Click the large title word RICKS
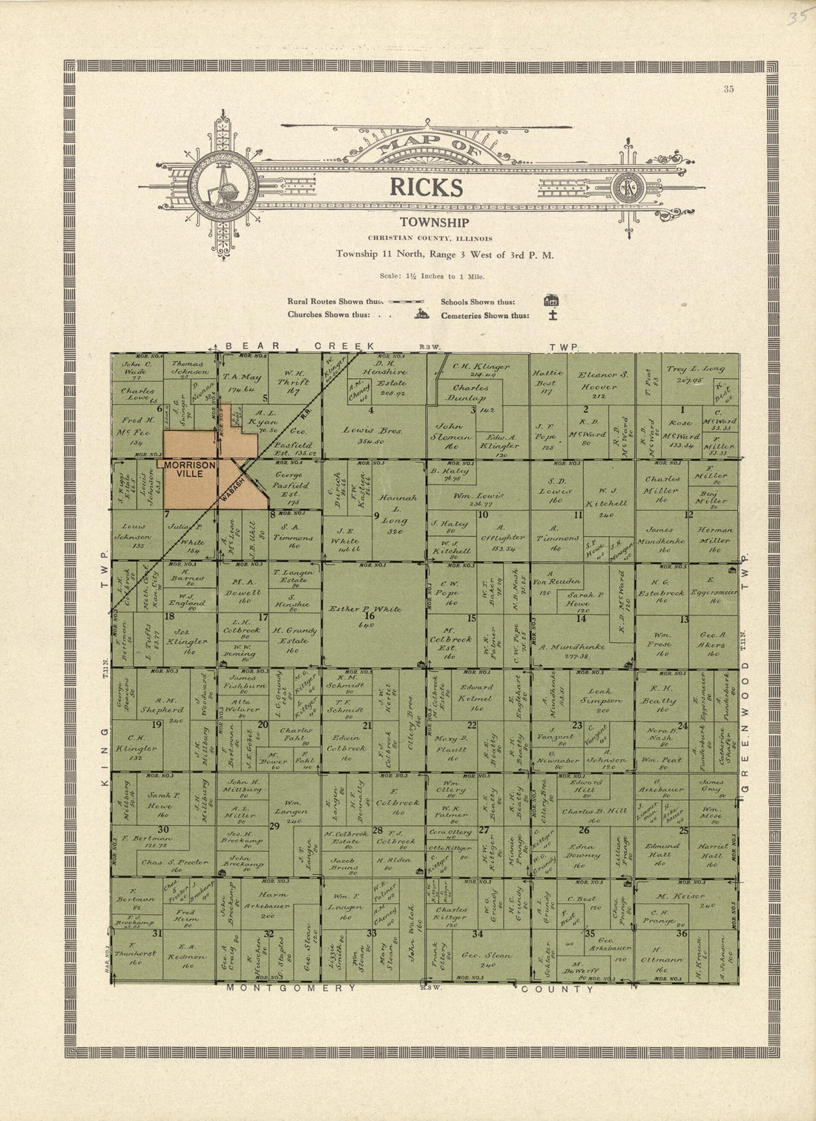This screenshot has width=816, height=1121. point(427,188)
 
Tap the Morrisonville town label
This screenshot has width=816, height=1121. point(190,469)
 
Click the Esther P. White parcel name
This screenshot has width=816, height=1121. point(365,609)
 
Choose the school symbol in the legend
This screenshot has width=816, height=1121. point(550,301)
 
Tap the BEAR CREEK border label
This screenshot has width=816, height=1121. point(300,346)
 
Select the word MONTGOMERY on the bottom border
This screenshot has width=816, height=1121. point(292,988)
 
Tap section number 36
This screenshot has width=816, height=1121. point(682,934)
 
